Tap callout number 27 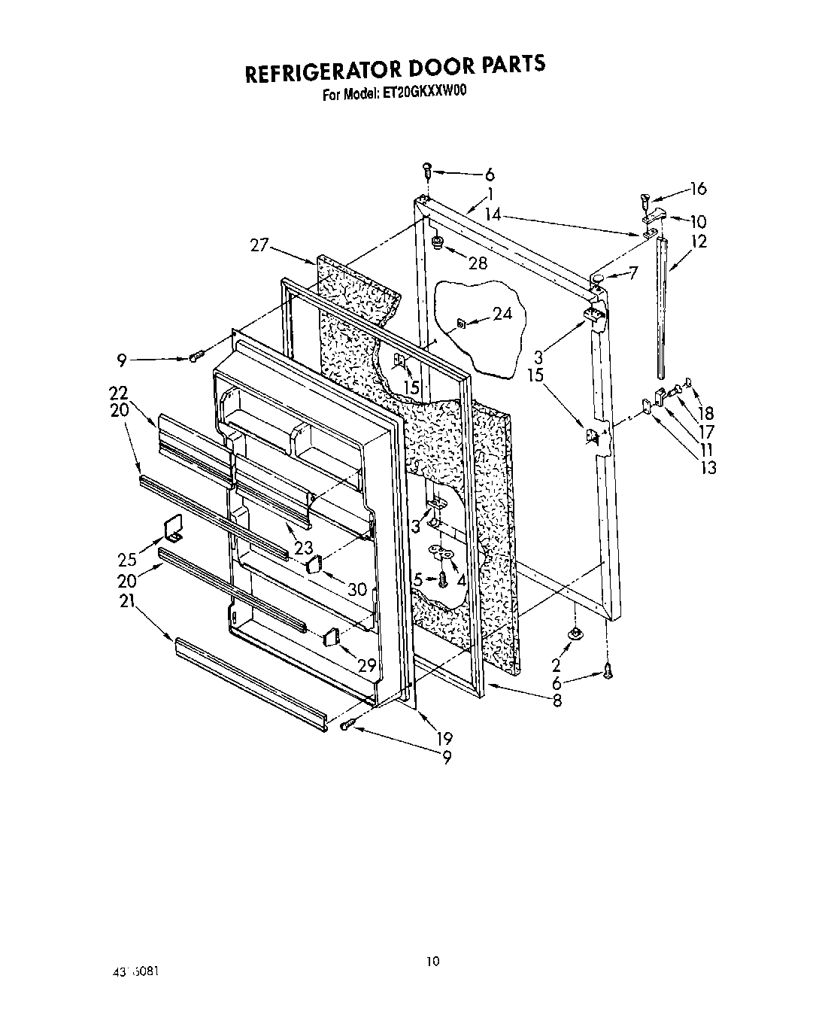tap(259, 245)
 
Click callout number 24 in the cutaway tap(502, 313)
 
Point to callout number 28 tap(477, 263)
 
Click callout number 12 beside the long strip tap(699, 242)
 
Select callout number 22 tap(118, 392)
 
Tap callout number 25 tap(127, 559)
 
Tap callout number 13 tap(707, 467)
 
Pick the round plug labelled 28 tap(435, 242)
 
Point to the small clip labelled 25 tap(173, 528)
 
